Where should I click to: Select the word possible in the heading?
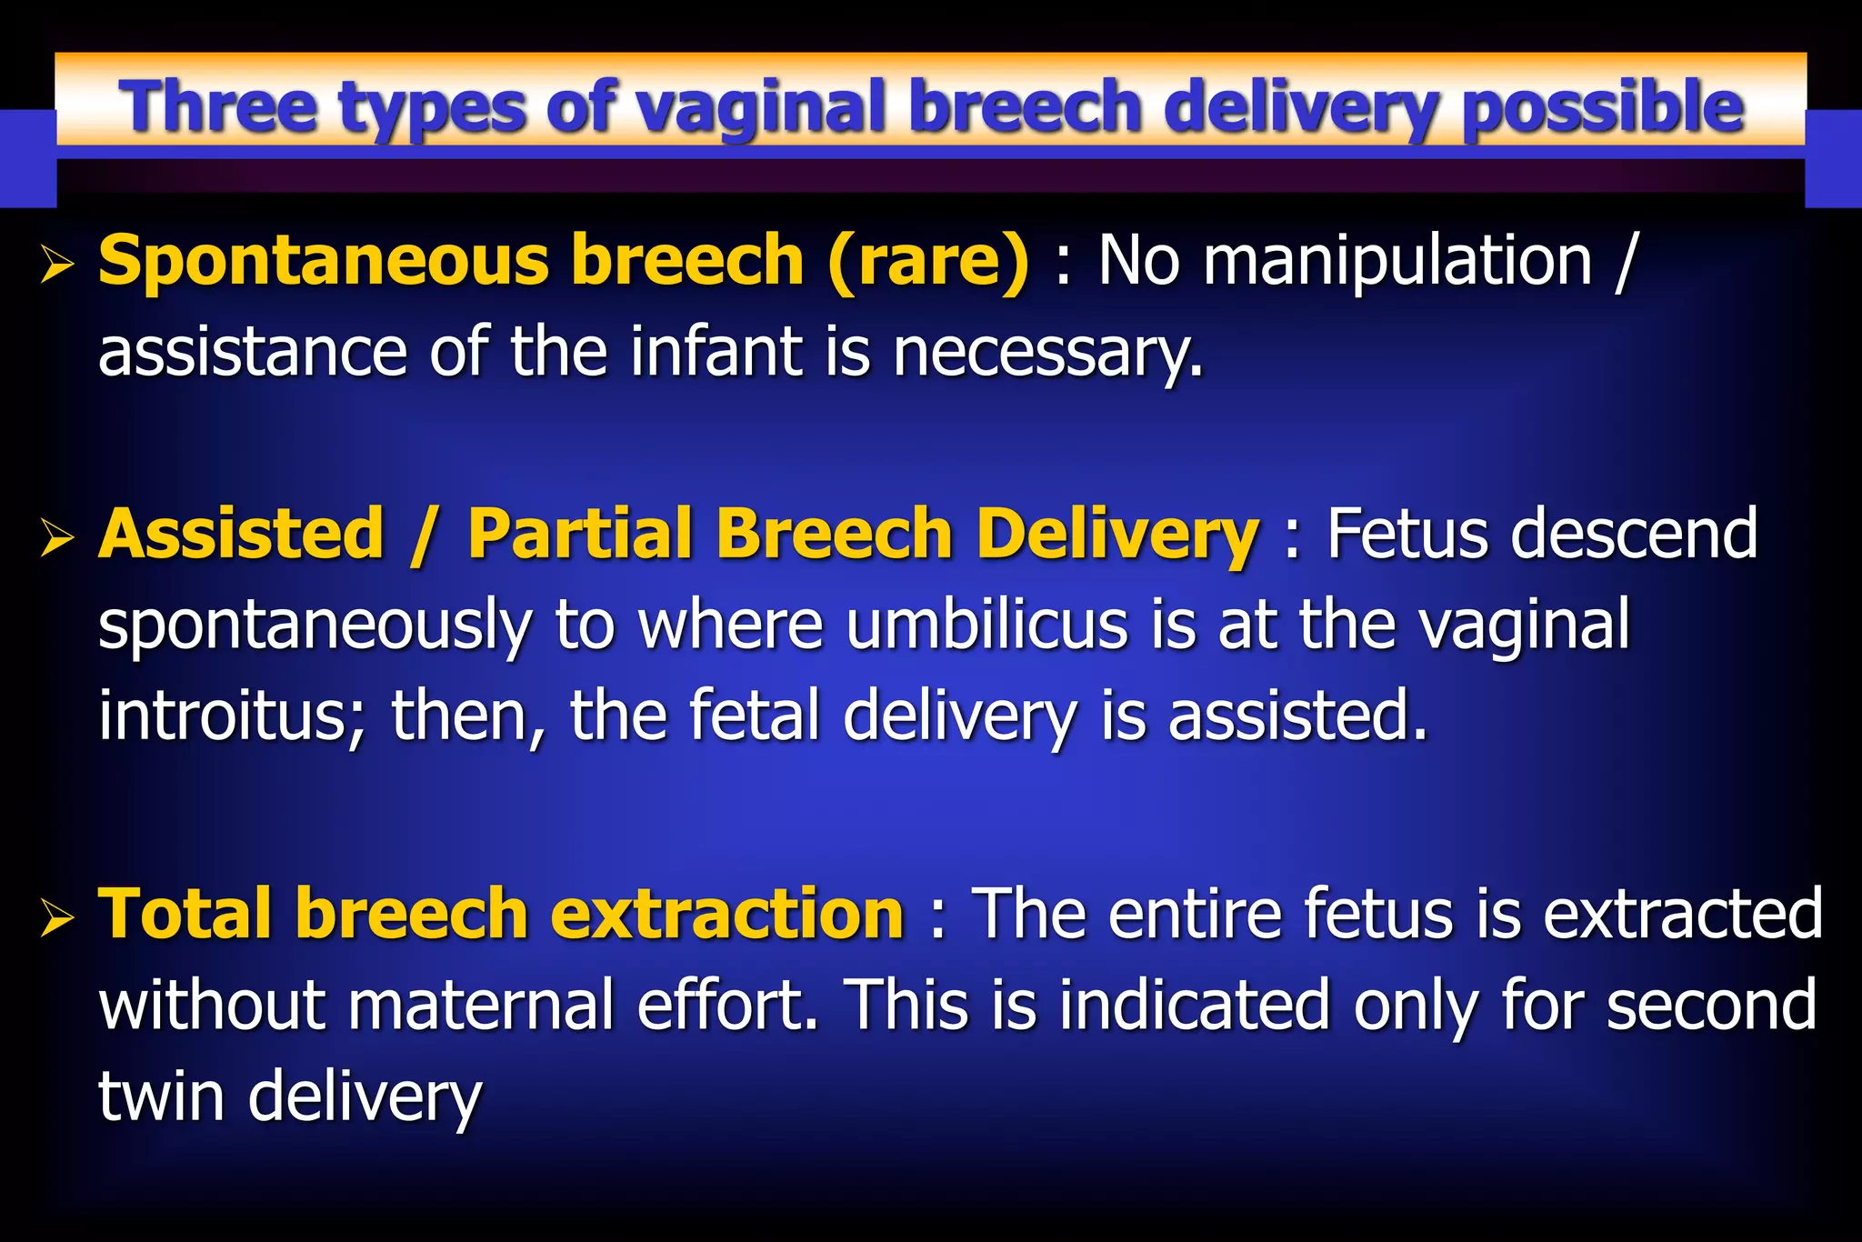1603,108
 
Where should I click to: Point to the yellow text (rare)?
928,261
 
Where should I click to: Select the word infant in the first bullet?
717,352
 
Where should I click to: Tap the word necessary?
1047,354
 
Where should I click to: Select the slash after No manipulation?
1626,261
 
